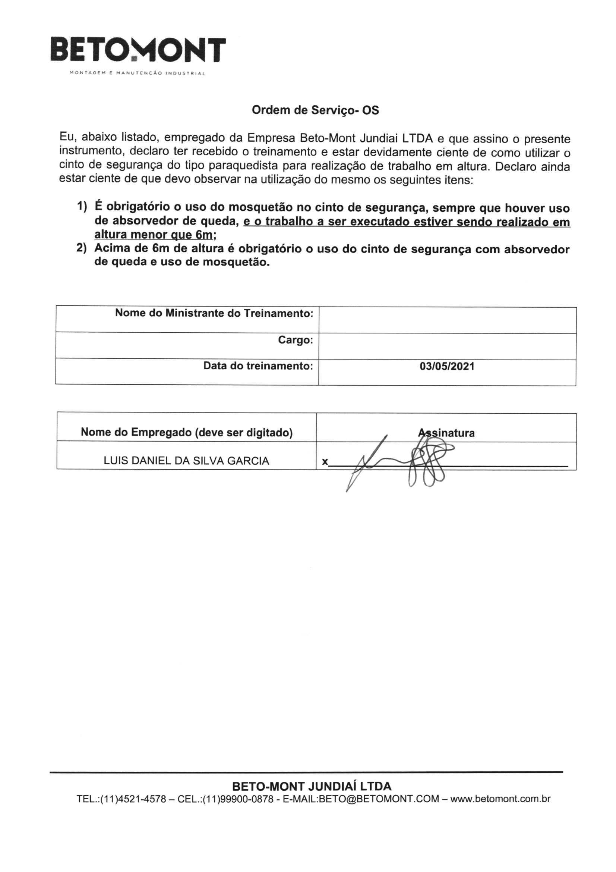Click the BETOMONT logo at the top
(x=138, y=49)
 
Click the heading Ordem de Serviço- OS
(x=315, y=110)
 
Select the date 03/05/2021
(x=447, y=367)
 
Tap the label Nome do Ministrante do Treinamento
(x=214, y=313)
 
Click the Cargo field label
(x=295, y=340)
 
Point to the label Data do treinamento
(x=258, y=366)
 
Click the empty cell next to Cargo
(x=447, y=346)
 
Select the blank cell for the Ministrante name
(x=447, y=320)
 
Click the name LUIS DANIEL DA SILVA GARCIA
(x=186, y=461)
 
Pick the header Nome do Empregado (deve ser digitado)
(x=187, y=432)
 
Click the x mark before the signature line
(x=325, y=462)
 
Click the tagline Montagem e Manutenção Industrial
(x=137, y=73)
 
